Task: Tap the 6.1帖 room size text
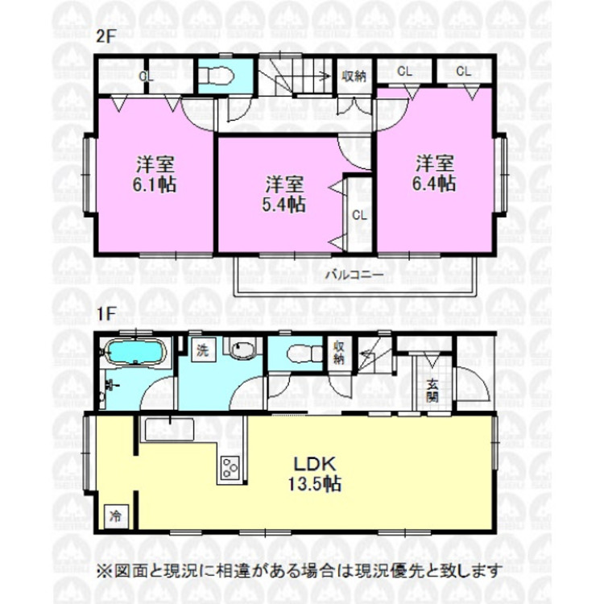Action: coord(156,184)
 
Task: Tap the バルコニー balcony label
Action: coord(354,274)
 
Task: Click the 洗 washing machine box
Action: coord(203,350)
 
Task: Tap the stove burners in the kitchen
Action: coord(230,467)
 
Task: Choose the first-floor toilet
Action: coord(296,351)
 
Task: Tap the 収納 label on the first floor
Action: coord(340,352)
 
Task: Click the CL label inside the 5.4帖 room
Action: coord(359,215)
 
